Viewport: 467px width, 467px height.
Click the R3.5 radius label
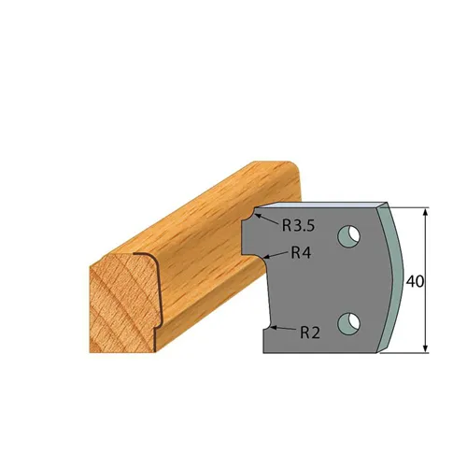pos(296,224)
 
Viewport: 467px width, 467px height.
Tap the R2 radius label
pos(311,332)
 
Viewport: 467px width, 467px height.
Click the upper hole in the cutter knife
pos(349,236)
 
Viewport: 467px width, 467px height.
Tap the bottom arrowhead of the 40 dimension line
pos(425,348)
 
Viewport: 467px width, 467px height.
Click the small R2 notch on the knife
pos(268,327)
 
